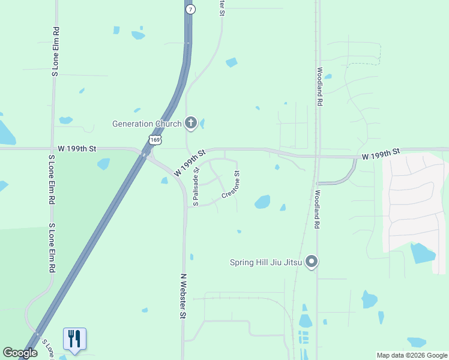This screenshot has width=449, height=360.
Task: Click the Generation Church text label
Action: tap(147, 124)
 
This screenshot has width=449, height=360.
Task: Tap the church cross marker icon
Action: tap(191, 124)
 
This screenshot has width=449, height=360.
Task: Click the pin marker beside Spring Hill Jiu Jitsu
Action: tap(311, 262)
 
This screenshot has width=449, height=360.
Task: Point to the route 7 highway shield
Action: tap(190, 10)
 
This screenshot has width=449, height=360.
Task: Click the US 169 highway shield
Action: tap(155, 140)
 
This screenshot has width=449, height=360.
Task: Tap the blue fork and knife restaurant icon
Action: tap(74, 339)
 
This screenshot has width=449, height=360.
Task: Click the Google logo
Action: tap(20, 353)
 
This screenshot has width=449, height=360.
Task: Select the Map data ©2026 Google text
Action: tap(412, 355)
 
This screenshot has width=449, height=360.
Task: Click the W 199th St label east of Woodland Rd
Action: tap(381, 155)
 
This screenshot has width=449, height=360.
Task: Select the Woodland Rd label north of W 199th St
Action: tap(320, 86)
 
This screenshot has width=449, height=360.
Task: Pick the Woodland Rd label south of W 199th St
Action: tap(316, 210)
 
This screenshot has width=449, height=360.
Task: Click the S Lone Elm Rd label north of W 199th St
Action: tap(55, 52)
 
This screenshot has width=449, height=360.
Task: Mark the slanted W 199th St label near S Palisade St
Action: tap(190, 163)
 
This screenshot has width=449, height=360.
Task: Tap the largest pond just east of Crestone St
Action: tap(262, 202)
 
